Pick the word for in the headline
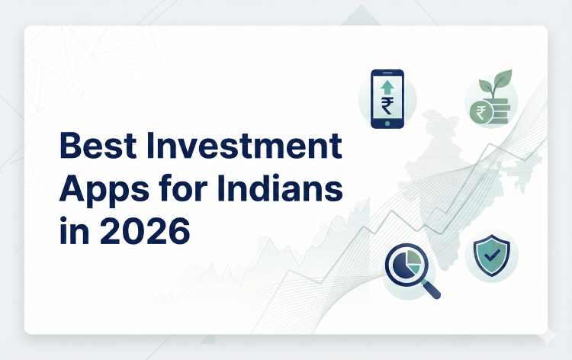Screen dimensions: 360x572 (x=178, y=188)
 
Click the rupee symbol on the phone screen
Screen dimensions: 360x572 (x=387, y=104)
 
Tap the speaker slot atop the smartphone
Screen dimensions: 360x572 (x=387, y=73)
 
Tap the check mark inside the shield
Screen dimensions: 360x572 (x=492, y=255)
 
